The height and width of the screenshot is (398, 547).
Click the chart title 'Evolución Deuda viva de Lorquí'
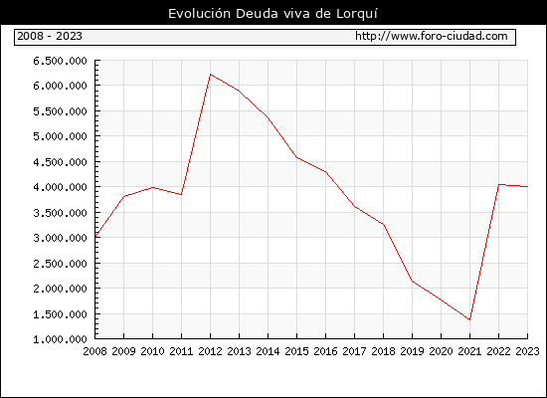click(273, 14)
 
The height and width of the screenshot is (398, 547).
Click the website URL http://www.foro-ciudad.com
click(432, 36)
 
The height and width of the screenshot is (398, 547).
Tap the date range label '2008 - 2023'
click(50, 36)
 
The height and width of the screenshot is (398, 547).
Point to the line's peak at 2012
click(211, 75)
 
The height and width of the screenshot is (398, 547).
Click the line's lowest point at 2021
click(469, 319)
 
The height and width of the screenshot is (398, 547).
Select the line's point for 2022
click(499, 184)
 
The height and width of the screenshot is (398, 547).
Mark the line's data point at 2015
click(297, 157)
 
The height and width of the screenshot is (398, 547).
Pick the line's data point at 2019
click(413, 281)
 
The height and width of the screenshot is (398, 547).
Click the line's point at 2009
click(124, 196)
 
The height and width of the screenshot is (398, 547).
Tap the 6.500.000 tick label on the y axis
click(60, 61)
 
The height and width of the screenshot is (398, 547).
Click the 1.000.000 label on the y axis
click(60, 339)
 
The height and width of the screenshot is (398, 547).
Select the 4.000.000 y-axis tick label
click(60, 187)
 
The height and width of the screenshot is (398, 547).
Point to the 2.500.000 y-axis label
click(60, 264)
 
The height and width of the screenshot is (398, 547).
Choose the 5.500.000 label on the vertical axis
click(60, 111)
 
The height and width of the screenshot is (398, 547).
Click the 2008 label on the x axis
click(94, 351)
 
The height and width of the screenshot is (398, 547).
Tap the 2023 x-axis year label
click(527, 351)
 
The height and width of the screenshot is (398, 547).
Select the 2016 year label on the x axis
click(326, 351)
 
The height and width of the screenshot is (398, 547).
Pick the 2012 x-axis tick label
click(211, 351)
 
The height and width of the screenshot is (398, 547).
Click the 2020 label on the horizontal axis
click(441, 351)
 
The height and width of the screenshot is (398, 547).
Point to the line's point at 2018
click(383, 224)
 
